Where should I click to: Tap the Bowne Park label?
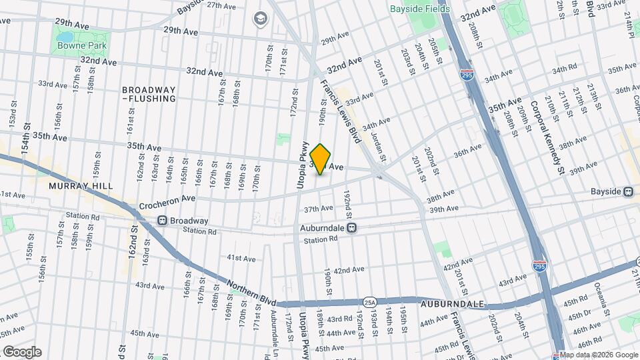(x=82, y=45)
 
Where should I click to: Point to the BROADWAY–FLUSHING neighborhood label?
(x=149, y=94)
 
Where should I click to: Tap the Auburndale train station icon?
(x=352, y=227)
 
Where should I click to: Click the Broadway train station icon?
(x=162, y=221)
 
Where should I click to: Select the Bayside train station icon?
(x=628, y=191)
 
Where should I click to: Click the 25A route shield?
(x=369, y=302)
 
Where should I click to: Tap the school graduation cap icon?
(x=259, y=18)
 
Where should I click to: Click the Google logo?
(x=21, y=351)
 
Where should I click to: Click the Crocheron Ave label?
(x=167, y=199)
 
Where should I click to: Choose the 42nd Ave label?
(x=349, y=270)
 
